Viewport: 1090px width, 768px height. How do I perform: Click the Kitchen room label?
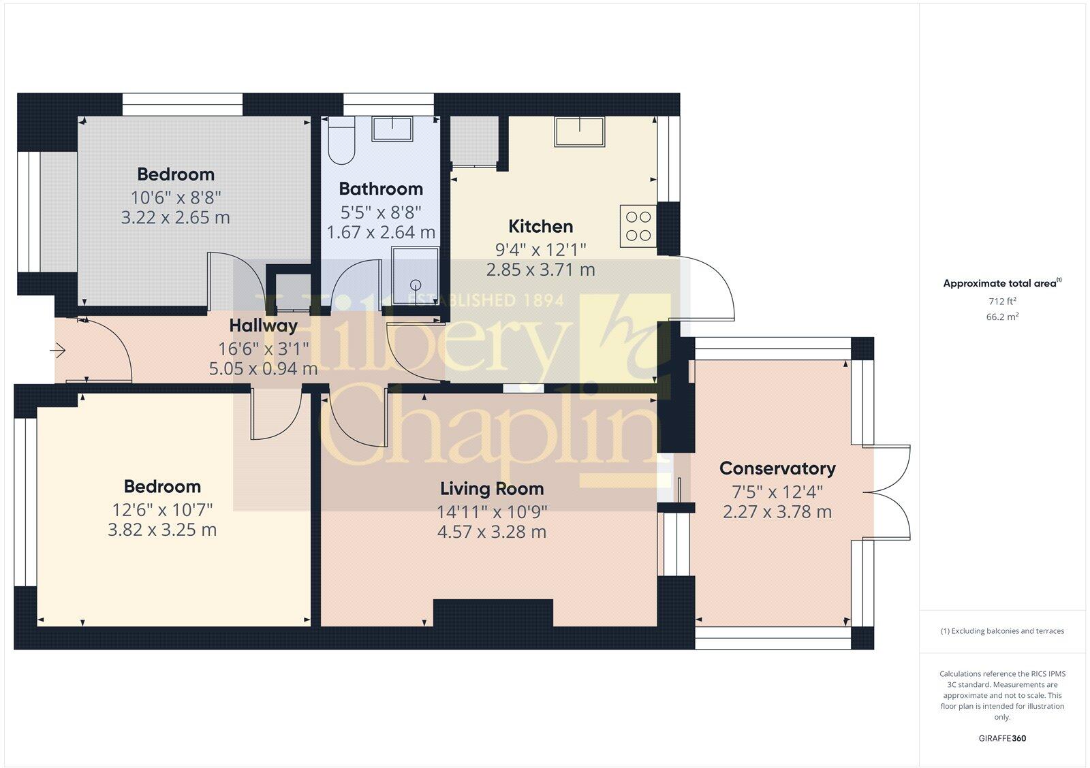tap(540, 226)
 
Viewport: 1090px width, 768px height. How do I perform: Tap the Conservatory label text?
tap(777, 468)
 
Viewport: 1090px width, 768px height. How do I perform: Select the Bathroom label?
tap(380, 189)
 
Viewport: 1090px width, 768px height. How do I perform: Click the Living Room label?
tap(491, 489)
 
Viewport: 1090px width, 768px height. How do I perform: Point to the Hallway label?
tap(263, 325)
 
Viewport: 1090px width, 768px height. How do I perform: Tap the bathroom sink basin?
tap(393, 129)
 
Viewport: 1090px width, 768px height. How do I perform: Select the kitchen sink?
tap(580, 131)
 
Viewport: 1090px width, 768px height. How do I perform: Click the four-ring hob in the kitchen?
tap(638, 226)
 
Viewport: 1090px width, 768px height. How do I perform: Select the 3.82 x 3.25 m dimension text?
tap(162, 530)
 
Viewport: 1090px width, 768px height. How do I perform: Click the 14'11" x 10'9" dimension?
tap(491, 511)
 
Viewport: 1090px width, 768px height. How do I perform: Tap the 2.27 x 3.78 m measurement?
tap(777, 512)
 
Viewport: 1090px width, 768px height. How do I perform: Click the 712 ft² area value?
tap(1002, 301)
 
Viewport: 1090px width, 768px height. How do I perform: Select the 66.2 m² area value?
tap(1002, 317)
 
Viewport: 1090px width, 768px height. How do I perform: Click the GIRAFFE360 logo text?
tap(1002, 738)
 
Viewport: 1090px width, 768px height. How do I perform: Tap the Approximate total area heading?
tap(999, 283)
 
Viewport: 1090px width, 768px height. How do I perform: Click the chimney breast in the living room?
tap(493, 612)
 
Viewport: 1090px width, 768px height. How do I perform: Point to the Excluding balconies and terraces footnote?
tap(1002, 631)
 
